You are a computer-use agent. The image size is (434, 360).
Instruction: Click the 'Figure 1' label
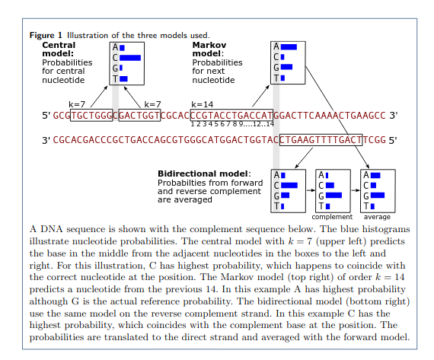[x=46, y=35]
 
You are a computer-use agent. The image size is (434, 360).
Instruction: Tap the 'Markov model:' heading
[x=208, y=49]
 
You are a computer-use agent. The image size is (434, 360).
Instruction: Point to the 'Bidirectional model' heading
[x=203, y=174]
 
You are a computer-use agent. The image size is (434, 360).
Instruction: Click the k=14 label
[x=202, y=104]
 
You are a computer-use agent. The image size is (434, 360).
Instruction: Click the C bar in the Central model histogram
[x=130, y=58]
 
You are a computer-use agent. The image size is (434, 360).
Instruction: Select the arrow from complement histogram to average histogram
[x=354, y=190]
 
